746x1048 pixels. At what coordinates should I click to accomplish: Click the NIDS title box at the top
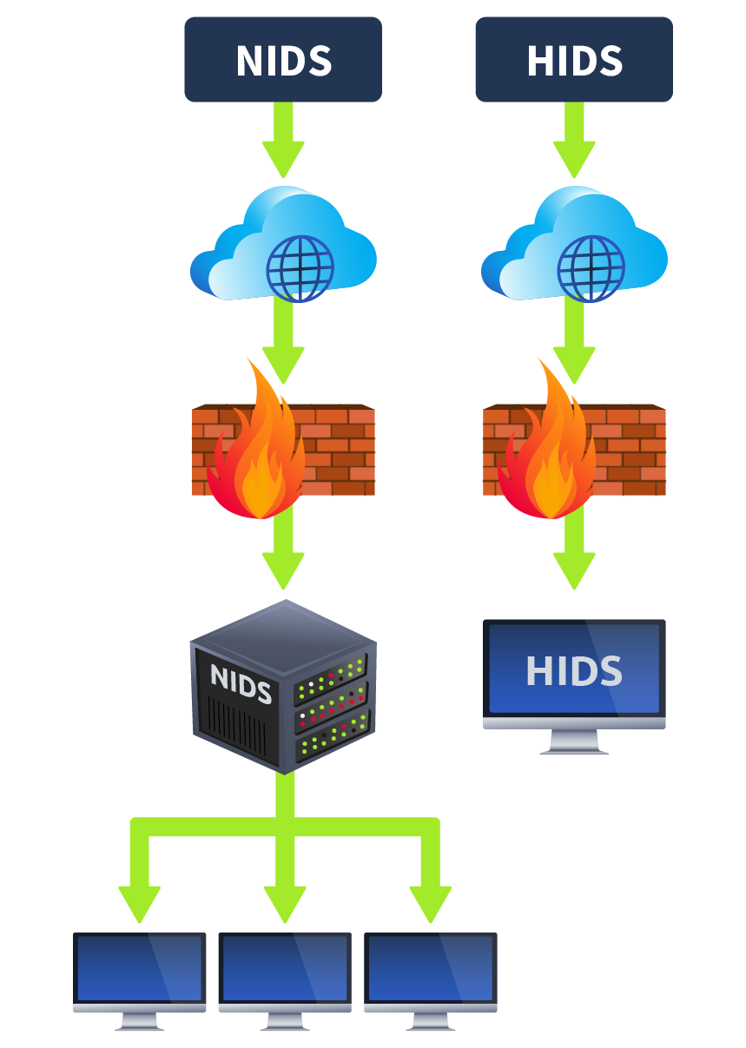click(283, 60)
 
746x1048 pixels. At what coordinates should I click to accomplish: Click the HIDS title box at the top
click(573, 60)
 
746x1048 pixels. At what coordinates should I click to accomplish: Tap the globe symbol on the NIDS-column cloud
click(300, 267)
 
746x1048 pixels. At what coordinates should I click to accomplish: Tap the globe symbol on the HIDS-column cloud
click(591, 267)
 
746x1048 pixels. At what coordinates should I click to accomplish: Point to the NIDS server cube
click(283, 686)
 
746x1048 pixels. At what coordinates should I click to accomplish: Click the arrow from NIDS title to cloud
click(283, 143)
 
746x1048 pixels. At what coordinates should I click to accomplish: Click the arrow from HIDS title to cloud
click(574, 143)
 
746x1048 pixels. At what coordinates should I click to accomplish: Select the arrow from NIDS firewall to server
click(283, 556)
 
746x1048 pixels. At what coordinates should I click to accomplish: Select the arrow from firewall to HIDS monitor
click(574, 556)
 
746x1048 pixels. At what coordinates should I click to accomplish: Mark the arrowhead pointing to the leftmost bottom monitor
click(140, 903)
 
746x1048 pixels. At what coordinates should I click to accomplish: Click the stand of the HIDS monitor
click(574, 742)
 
